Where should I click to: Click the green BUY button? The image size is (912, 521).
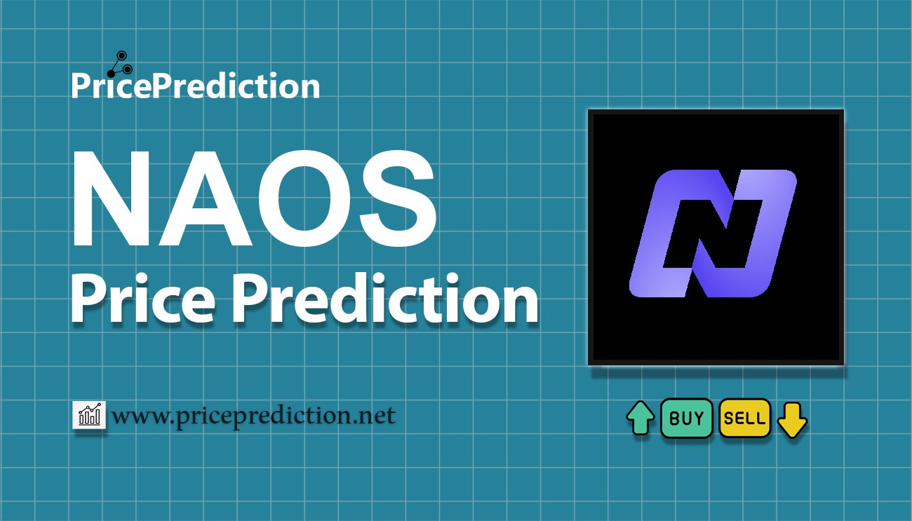pos(687,419)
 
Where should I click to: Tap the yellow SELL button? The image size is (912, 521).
pos(745,419)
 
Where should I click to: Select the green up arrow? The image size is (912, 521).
pos(641,419)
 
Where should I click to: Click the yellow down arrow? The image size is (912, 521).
pos(792,419)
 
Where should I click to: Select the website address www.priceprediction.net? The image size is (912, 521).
pos(253,416)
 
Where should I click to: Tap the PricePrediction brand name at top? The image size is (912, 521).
pos(195,86)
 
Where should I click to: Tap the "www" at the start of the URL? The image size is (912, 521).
pos(137,417)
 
